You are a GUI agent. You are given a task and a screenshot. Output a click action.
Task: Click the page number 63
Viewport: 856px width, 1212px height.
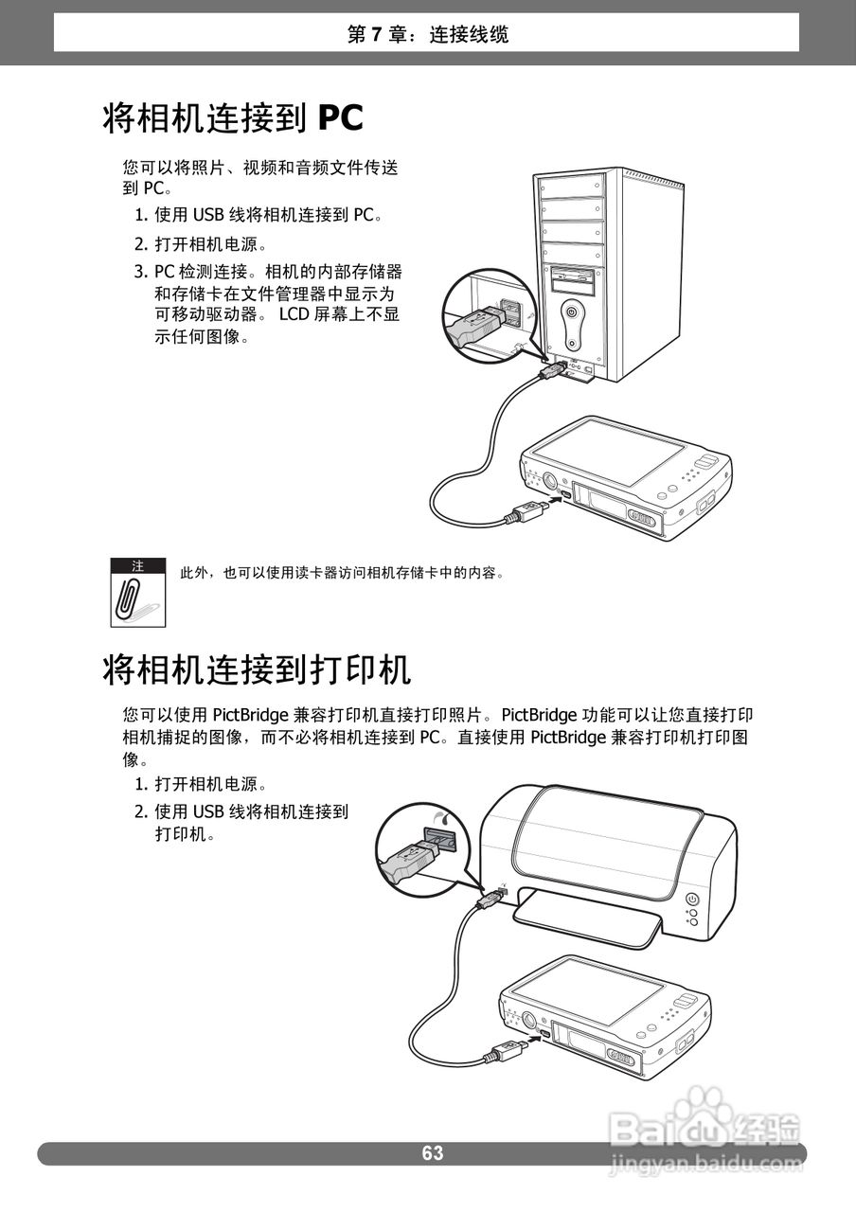[433, 1153]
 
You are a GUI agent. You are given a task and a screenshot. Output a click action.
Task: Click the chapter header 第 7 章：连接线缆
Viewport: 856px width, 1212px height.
[428, 35]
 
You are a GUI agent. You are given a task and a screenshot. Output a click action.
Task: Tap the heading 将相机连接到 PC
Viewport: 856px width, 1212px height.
[233, 118]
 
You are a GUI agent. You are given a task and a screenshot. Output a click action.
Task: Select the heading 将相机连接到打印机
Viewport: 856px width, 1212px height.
[257, 670]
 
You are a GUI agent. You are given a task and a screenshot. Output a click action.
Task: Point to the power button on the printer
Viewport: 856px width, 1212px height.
[692, 899]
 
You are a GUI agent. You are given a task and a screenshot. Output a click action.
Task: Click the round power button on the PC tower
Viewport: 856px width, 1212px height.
[572, 310]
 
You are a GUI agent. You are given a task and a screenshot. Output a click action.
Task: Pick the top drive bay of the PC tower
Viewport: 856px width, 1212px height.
[573, 185]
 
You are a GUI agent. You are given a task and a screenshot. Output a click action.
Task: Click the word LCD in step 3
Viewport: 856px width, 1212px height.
[294, 314]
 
